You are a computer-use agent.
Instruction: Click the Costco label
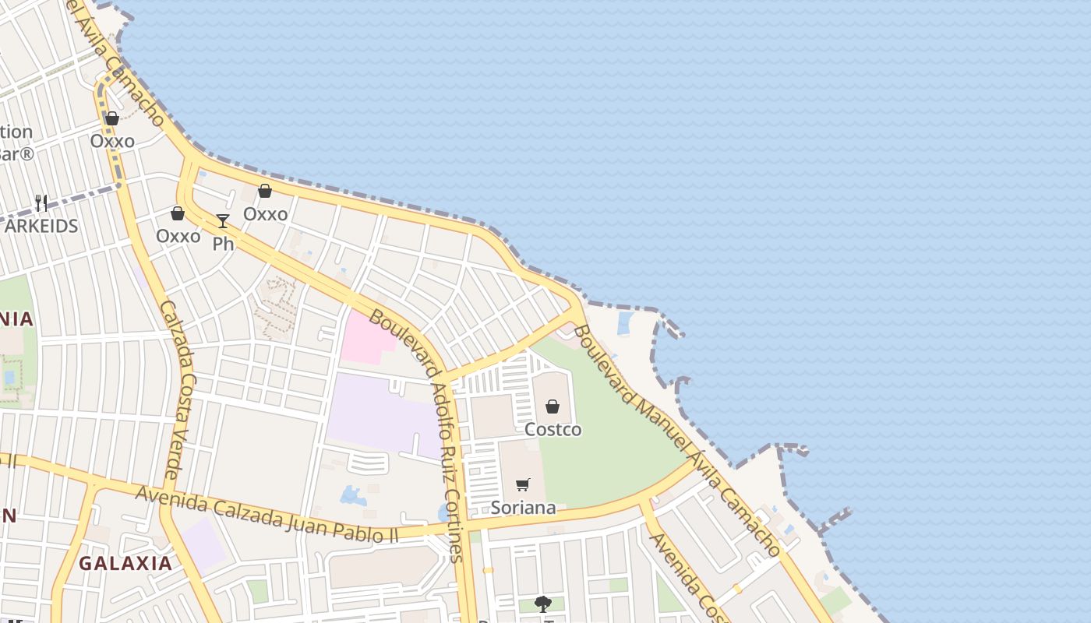coord(553,429)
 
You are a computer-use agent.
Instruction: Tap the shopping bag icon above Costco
coord(553,407)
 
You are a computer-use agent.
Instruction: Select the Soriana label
coord(523,508)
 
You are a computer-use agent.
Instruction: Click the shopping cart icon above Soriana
coord(523,485)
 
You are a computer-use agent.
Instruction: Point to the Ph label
coord(223,244)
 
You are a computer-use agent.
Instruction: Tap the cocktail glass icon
coord(223,221)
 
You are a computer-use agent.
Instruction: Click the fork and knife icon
coord(41,203)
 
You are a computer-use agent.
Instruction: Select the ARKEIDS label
coord(41,226)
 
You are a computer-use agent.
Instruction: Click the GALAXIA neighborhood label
coord(125,563)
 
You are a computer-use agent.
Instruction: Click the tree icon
coord(542,604)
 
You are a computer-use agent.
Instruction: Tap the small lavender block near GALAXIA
coord(203,543)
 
